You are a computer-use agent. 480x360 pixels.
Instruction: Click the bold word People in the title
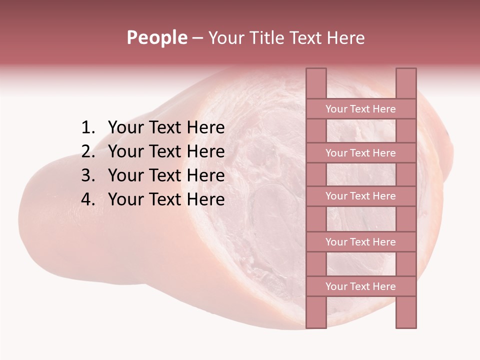click(156, 37)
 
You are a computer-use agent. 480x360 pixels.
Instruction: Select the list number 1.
click(88, 128)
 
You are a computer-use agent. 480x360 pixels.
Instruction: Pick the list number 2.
click(88, 151)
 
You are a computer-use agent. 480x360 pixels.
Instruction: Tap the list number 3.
click(88, 175)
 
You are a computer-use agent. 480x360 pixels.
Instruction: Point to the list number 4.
click(88, 199)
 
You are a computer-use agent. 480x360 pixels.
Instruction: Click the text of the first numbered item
click(166, 128)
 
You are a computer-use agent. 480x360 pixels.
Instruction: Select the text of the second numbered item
click(166, 151)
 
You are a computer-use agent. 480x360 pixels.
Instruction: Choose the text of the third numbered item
click(166, 175)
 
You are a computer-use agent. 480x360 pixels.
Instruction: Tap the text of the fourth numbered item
click(166, 199)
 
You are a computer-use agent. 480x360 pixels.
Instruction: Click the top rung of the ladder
click(360, 109)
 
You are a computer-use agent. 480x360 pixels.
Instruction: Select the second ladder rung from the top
click(360, 153)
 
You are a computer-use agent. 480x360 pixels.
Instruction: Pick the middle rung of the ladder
click(360, 196)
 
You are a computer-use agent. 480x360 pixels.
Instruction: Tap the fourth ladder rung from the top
click(360, 242)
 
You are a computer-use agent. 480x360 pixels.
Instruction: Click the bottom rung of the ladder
click(360, 286)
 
